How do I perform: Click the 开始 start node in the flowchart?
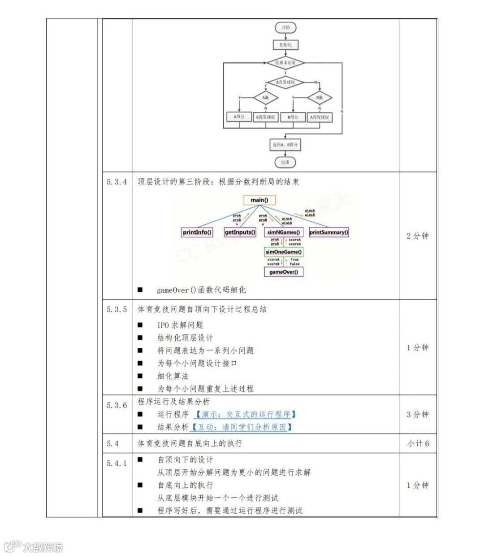(285, 27)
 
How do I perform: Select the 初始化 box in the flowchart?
(285, 45)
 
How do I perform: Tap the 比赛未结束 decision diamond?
(285, 63)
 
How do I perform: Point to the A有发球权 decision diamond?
(285, 83)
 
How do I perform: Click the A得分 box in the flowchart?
(239, 117)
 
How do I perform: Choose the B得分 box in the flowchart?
(293, 117)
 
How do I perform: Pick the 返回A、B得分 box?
(285, 144)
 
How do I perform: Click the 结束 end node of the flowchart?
(285, 162)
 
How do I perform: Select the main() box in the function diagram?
(259, 200)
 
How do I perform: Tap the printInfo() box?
(197, 232)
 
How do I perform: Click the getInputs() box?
(240, 232)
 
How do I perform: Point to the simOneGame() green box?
(284, 252)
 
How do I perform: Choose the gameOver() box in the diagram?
(284, 272)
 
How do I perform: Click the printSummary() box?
(328, 232)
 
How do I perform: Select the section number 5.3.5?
(117, 310)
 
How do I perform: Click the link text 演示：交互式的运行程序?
(246, 414)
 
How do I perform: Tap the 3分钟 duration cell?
(418, 414)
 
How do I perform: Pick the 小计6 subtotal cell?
(418, 443)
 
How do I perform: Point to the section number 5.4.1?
(117, 463)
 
